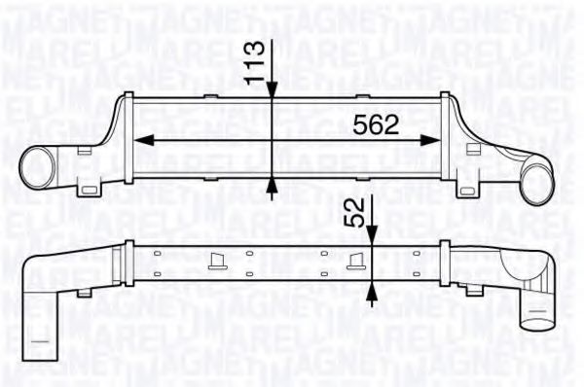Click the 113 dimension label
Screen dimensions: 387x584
256,61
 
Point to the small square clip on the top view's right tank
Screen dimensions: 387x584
474,149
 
